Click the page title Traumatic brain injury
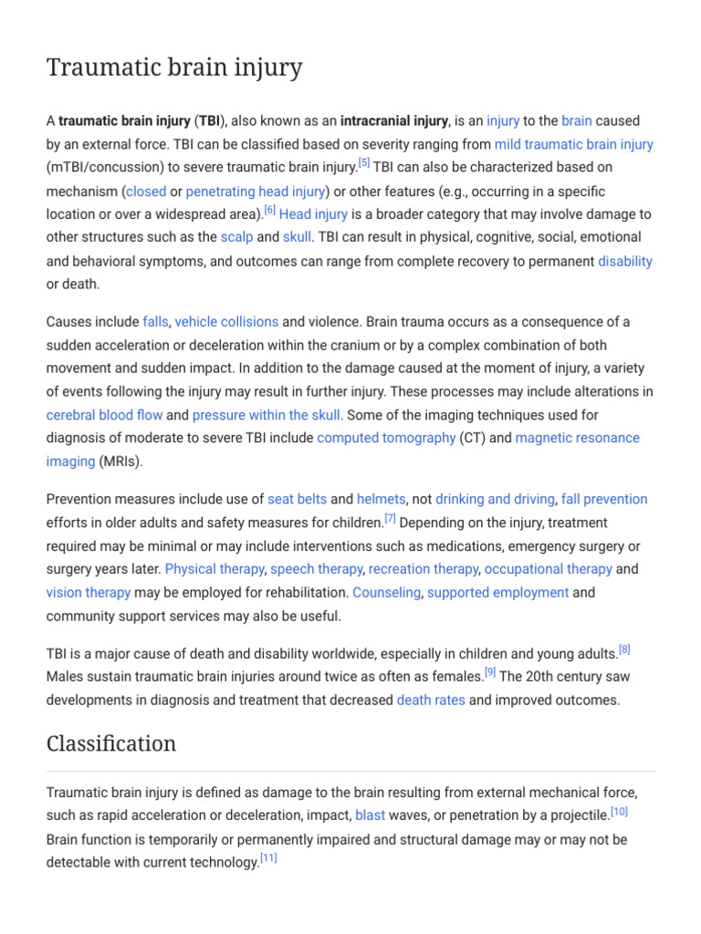(174, 68)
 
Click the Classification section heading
(111, 743)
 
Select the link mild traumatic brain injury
(573, 144)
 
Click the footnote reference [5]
(364, 163)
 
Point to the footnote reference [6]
(269, 211)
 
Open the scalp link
(236, 237)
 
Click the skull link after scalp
(297, 237)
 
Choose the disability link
(625, 261)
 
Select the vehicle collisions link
(226, 322)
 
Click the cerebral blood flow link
(104, 415)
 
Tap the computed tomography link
(386, 438)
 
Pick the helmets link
(382, 499)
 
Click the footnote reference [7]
(390, 518)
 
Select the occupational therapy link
(548, 569)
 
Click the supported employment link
(497, 593)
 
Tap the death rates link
(431, 700)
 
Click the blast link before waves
(370, 815)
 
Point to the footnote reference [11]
(268, 857)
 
